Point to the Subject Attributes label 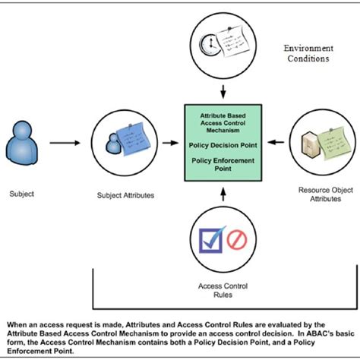coord(126,195)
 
